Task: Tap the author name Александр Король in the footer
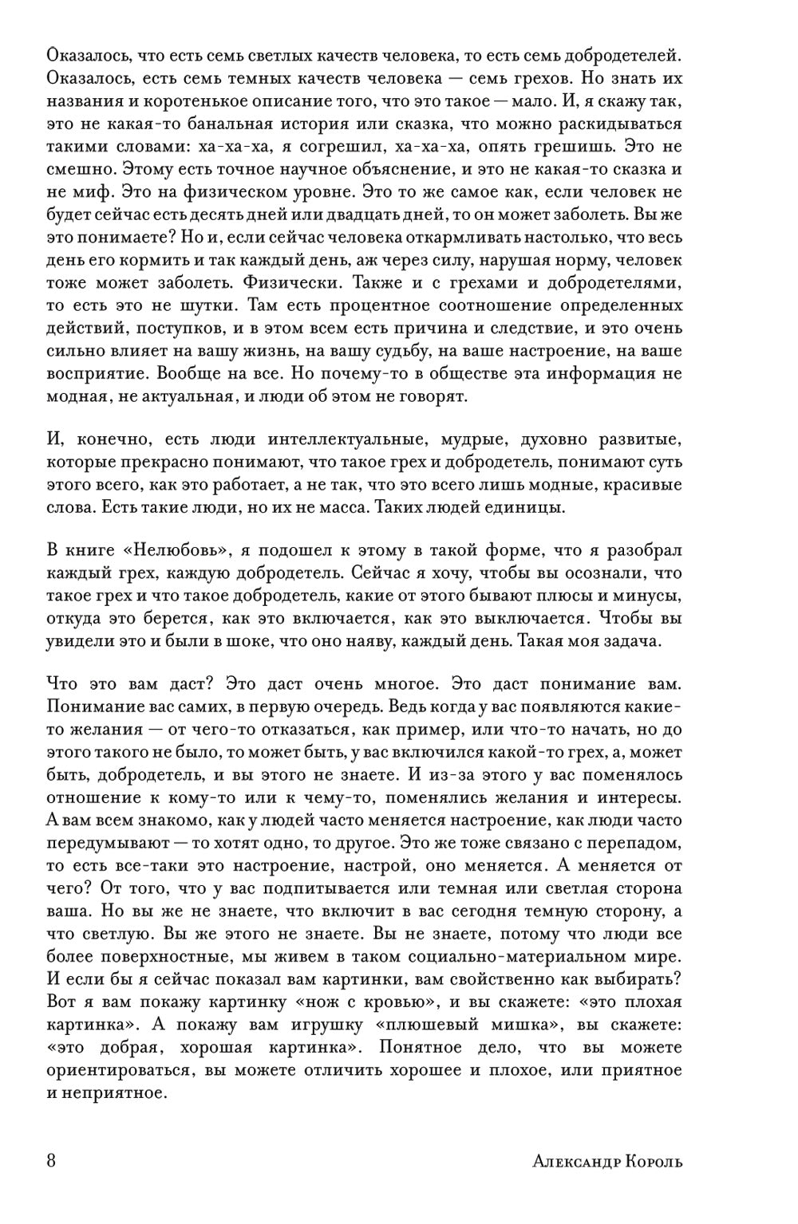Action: click(x=607, y=1161)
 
